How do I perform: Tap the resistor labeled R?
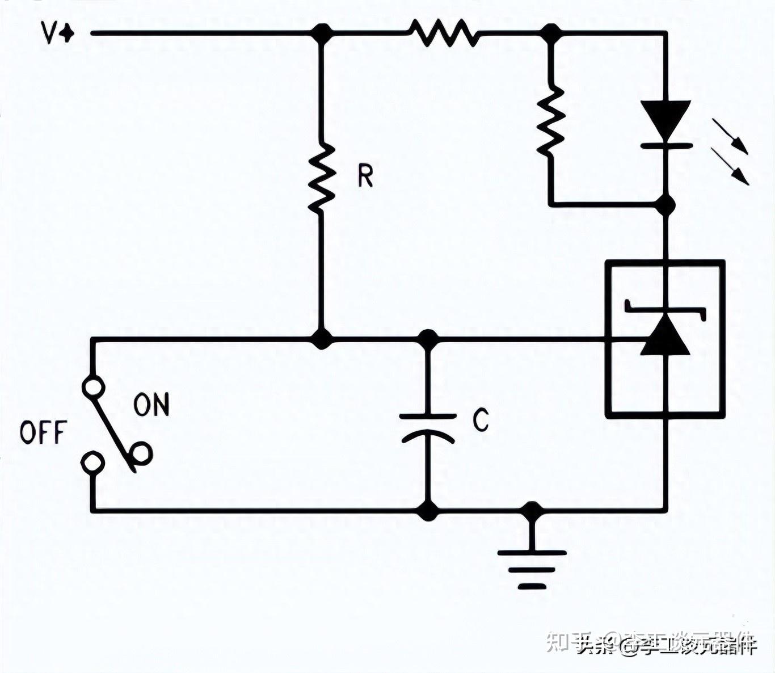[x=322, y=178]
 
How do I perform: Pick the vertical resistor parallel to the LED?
[x=550, y=121]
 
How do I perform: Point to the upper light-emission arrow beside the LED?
[x=731, y=136]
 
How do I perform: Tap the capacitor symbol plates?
[x=428, y=427]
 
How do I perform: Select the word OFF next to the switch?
[x=43, y=433]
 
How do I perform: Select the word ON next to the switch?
[x=151, y=405]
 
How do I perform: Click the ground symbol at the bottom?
[x=532, y=567]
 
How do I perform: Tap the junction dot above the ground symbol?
[x=532, y=511]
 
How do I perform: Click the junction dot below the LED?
[x=666, y=204]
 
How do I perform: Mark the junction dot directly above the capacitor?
[x=428, y=339]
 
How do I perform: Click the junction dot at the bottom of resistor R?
[x=322, y=339]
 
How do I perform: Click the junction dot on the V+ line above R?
[x=322, y=33]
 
